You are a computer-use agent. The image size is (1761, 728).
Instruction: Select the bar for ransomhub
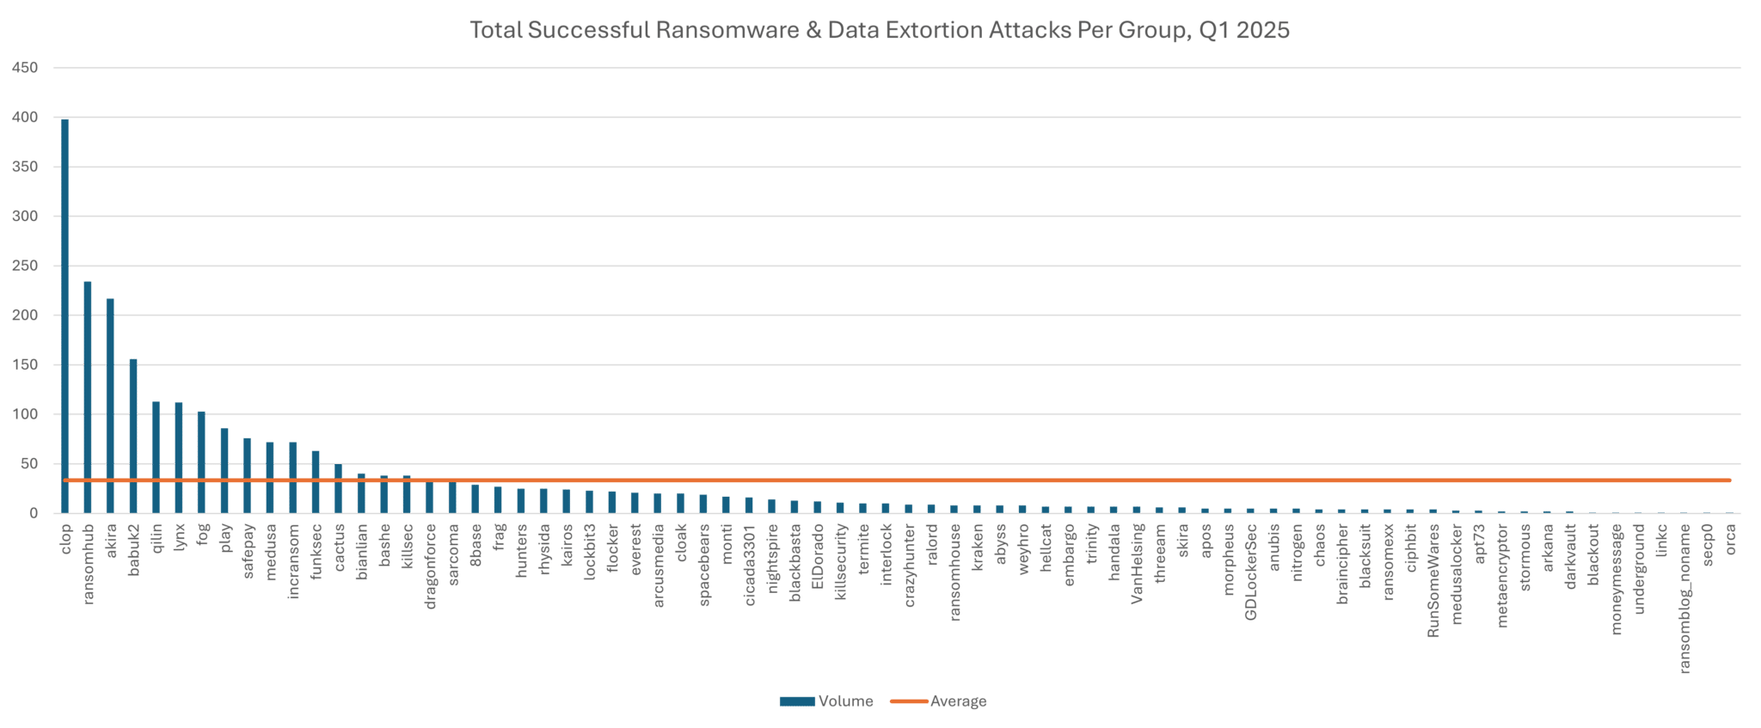point(88,396)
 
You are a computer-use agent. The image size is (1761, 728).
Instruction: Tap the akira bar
point(110,405)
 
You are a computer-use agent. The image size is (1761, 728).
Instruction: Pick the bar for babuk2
point(133,435)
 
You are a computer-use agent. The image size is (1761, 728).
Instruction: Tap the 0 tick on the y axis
point(34,514)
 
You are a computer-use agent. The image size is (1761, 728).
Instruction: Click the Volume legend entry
point(825,701)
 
